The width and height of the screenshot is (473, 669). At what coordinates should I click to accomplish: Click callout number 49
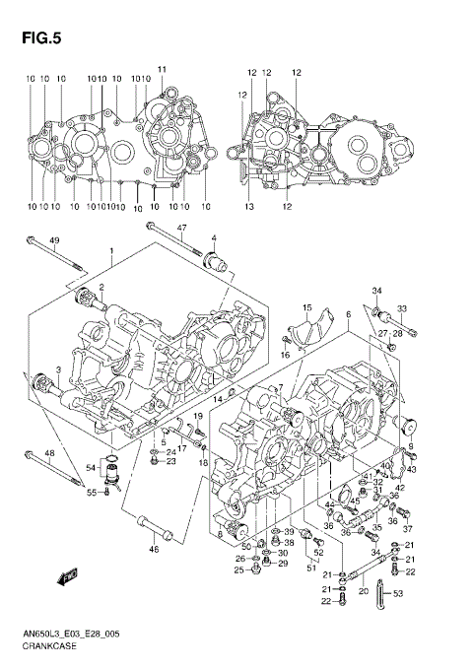(x=55, y=241)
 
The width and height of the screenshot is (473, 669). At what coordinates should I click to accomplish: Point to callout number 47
(x=181, y=228)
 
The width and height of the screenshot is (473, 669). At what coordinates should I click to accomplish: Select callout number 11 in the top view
(x=163, y=68)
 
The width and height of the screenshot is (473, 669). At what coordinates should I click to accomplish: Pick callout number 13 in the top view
(x=249, y=207)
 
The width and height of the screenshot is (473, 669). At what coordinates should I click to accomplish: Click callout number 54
(x=91, y=469)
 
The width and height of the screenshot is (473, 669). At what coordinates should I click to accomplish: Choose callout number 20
(x=363, y=592)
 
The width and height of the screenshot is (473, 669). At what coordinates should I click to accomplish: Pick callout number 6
(x=348, y=313)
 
